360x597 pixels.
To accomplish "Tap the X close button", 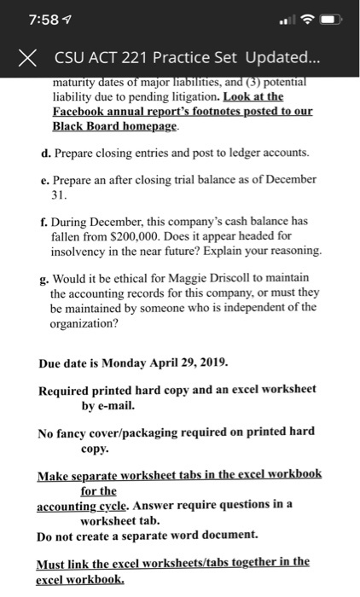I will pyautogui.click(x=29, y=58).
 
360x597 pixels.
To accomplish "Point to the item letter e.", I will pyautogui.click(x=44, y=179).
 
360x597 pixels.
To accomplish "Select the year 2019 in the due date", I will pyautogui.click(x=209, y=362).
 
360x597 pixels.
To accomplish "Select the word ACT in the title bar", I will pyautogui.click(x=101, y=58).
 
